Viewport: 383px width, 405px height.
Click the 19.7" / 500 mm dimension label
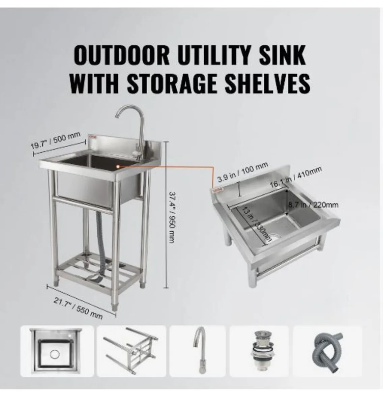56,141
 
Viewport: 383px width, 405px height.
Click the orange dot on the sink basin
117,166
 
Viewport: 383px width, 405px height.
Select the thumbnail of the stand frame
131,351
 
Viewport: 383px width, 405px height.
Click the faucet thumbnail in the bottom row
197,351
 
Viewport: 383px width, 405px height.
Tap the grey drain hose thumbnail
327,351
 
